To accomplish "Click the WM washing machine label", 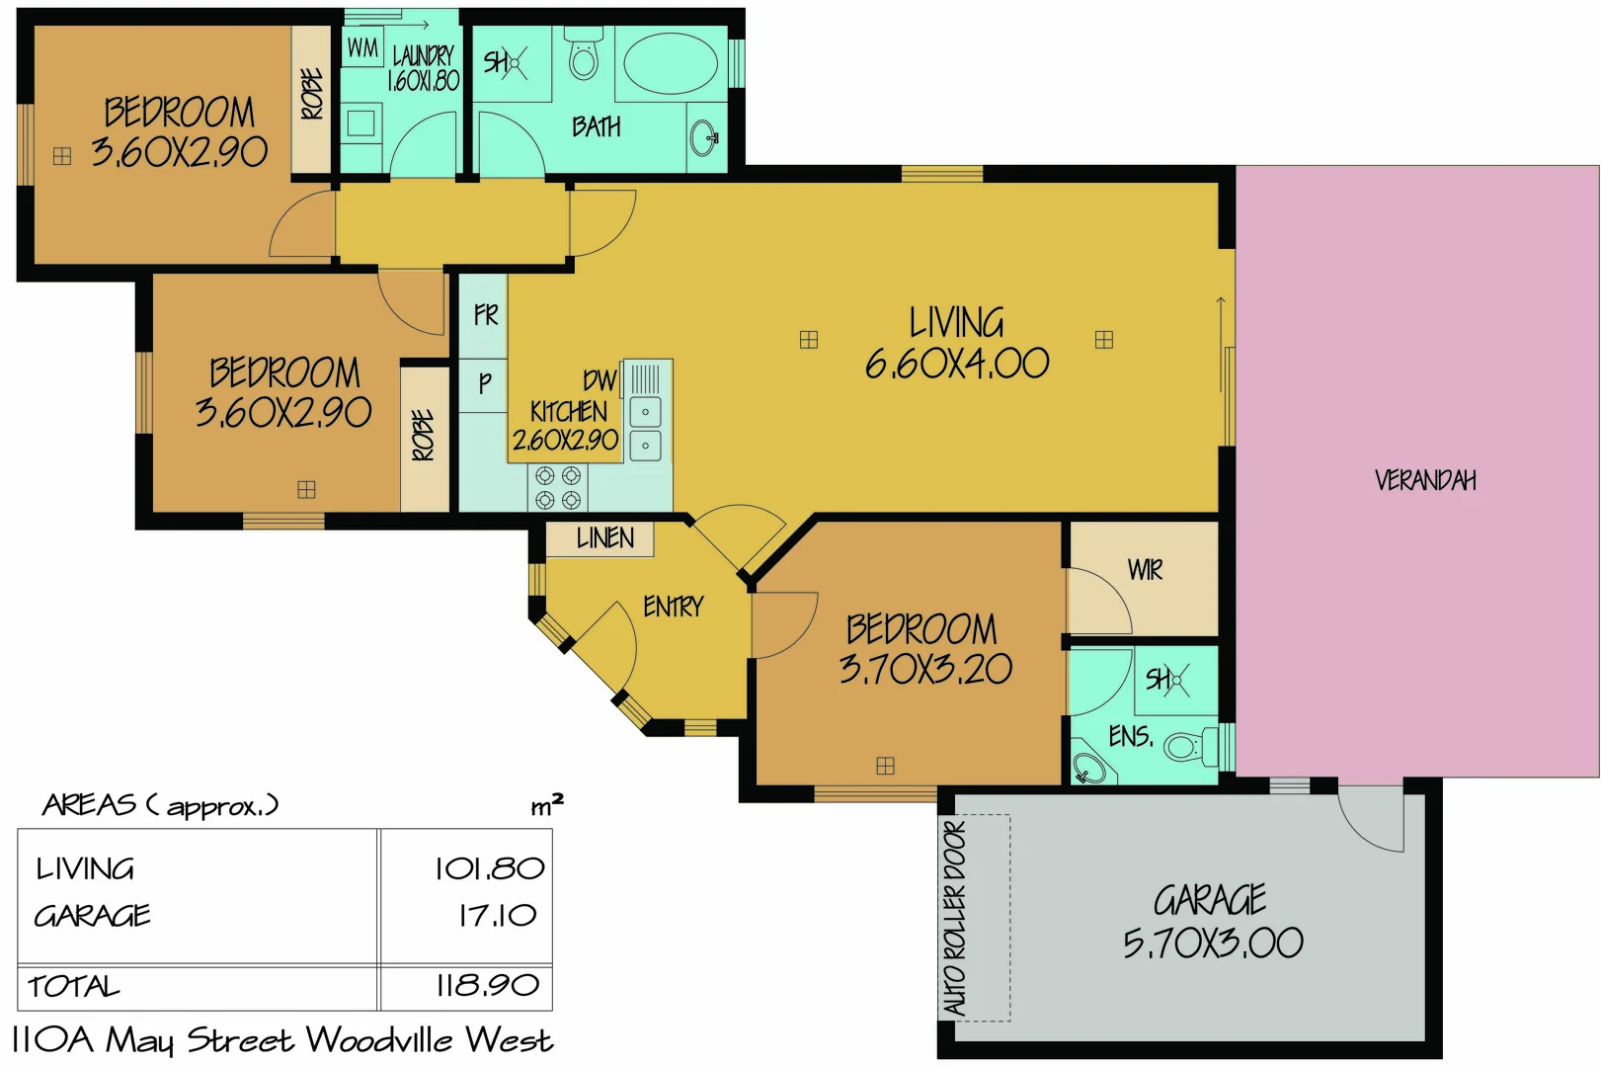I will (362, 47).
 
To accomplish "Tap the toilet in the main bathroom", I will (584, 55).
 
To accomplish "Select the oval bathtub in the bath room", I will (671, 62).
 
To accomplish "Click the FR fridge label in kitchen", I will (485, 315).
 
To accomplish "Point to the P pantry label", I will (484, 383).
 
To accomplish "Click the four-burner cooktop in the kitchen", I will (557, 488).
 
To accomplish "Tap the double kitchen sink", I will (645, 428).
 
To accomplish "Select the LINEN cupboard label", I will (604, 538).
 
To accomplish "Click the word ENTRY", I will (673, 606).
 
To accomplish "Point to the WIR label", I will (1145, 570).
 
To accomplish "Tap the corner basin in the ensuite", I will (1089, 768).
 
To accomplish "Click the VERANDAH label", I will (1424, 480).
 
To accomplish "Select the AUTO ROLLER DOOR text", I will (955, 917).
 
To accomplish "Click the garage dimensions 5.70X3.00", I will (1212, 944).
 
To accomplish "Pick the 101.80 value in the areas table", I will (489, 868).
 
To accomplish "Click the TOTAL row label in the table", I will (74, 986).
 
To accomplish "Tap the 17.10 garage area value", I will (497, 915).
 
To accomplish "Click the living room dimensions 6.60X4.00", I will (956, 365).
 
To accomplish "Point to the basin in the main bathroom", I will (705, 136).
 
